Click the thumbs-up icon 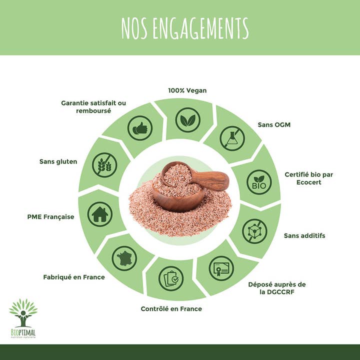140,128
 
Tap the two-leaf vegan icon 188,120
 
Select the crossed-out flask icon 232,138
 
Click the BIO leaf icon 259,182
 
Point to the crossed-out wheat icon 104,165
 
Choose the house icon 100,214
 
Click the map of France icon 124,258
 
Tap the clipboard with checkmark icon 171,278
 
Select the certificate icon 221,268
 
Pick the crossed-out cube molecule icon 254,231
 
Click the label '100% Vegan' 187,90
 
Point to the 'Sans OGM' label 274,124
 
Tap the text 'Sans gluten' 58,161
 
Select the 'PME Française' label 50,217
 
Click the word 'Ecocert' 309,182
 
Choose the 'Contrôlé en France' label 171,309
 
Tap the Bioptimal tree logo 23,318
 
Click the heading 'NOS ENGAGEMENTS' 185,28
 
